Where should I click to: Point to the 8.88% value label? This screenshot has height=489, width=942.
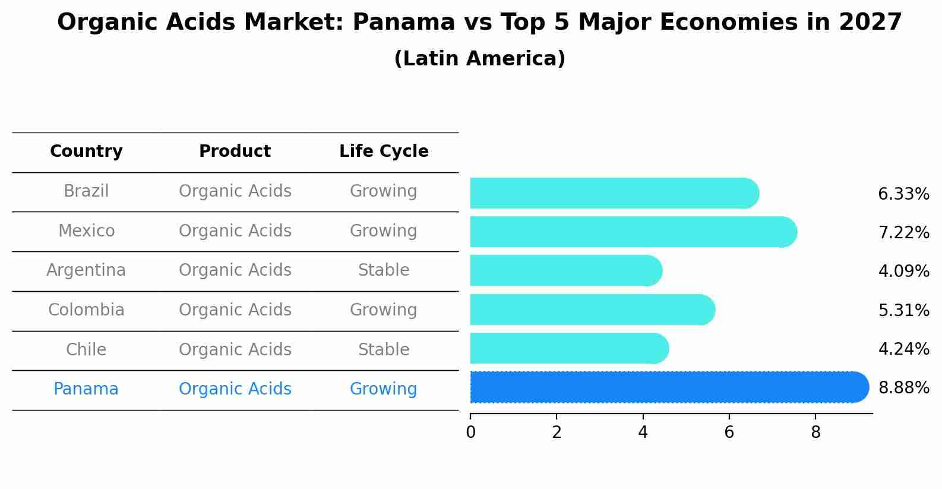click(903, 388)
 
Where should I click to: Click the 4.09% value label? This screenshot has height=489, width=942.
click(903, 272)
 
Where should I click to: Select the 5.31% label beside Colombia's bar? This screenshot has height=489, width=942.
click(903, 310)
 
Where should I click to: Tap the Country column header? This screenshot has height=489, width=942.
click(86, 152)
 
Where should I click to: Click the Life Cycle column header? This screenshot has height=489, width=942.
click(384, 152)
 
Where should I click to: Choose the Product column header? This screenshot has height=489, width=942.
click(235, 152)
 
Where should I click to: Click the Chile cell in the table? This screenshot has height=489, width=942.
click(86, 349)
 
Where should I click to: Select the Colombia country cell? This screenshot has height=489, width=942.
click(86, 310)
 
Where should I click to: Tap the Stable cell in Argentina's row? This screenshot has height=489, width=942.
click(384, 270)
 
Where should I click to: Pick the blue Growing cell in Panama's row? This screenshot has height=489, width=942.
click(384, 389)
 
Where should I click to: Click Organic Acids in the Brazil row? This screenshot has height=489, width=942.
click(235, 191)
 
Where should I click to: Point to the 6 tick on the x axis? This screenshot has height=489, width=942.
click(729, 433)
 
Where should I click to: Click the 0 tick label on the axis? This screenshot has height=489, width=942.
click(470, 433)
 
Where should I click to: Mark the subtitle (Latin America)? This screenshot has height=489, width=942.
click(479, 59)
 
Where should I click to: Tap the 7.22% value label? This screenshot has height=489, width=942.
click(903, 233)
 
